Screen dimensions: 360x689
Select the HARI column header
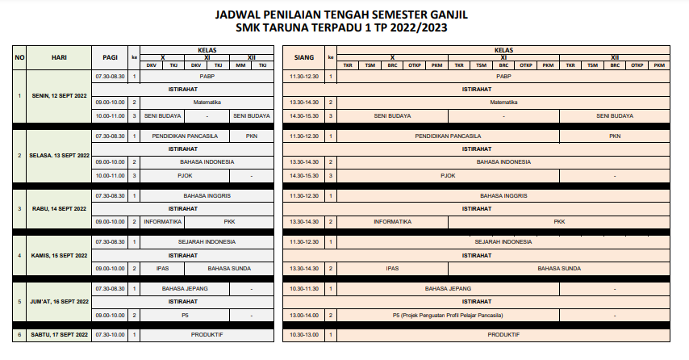(59, 58)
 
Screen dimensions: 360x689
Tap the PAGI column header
(111, 58)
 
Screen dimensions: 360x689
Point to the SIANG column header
(303, 58)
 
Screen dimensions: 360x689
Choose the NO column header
(20, 58)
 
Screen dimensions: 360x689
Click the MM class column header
(240, 65)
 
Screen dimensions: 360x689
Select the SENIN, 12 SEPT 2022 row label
(59, 96)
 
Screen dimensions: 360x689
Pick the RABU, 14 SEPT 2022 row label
(59, 208)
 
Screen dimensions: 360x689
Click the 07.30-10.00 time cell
(111, 334)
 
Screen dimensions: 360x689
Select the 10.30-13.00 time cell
(303, 334)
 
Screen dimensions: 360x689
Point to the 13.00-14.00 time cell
(303, 315)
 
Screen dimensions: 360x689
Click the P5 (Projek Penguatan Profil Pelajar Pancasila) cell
(448, 315)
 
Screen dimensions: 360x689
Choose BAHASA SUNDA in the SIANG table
(560, 268)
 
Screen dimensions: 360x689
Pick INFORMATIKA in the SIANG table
(393, 221)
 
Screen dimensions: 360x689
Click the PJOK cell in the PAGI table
(186, 175)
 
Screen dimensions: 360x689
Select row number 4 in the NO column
(20, 255)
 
